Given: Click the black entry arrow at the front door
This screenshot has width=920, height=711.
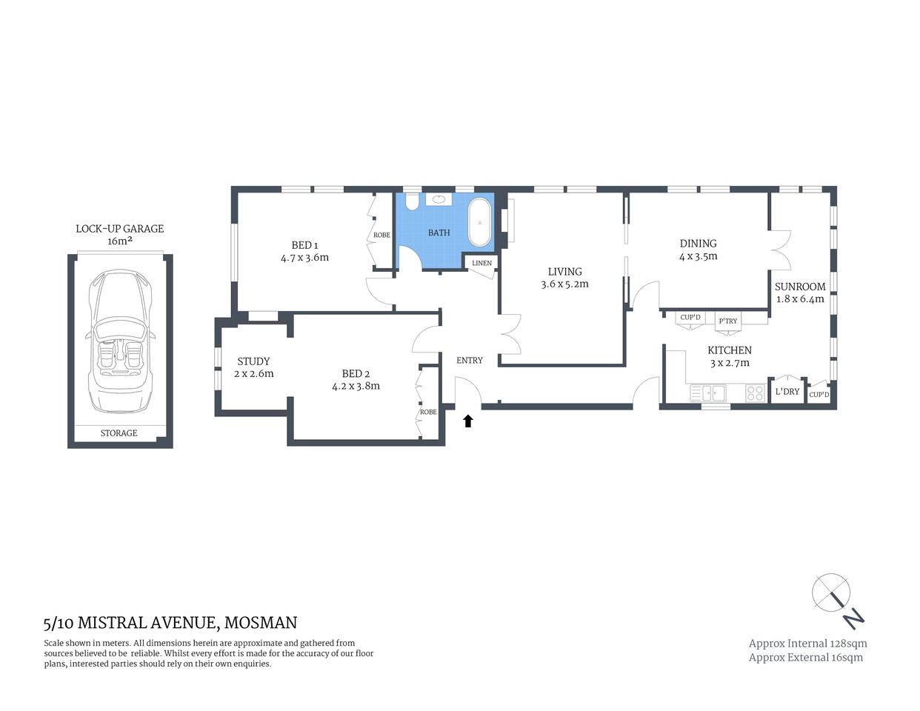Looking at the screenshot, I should (467, 421).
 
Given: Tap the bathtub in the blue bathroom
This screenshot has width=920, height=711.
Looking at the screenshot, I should (480, 222).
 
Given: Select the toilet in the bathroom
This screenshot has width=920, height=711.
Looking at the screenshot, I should (413, 201).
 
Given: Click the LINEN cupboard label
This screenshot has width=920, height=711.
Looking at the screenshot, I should (481, 263).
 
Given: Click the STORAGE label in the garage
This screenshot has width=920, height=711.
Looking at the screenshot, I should (119, 433).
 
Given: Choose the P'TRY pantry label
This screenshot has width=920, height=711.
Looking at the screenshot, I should (727, 321).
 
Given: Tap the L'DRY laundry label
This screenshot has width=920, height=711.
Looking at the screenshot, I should (787, 391).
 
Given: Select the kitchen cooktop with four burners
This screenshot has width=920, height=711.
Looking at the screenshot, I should (756, 393).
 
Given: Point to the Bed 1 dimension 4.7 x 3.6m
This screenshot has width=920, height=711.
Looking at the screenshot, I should (304, 258).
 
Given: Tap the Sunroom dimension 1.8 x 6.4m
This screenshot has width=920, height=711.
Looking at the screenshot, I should (800, 299).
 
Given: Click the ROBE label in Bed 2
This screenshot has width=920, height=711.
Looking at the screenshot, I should (428, 412).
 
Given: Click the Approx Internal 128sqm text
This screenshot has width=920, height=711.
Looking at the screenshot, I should (807, 644).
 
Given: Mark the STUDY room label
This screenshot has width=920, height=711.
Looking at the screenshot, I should (253, 361).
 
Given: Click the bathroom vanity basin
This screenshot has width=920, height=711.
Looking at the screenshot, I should (440, 199).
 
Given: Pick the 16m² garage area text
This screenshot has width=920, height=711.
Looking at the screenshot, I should (119, 241).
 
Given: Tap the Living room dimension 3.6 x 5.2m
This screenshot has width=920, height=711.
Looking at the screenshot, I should (564, 284).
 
